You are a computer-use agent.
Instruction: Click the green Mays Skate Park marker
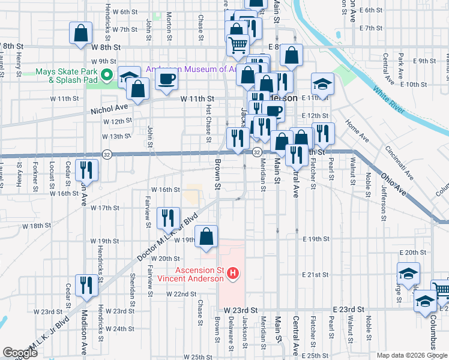[x=107, y=76]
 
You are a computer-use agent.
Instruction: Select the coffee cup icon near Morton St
[x=166, y=78]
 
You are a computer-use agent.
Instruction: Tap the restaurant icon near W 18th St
[x=167, y=217]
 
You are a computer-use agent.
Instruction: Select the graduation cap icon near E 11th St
[x=322, y=84]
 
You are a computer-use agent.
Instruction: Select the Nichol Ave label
[x=110, y=110]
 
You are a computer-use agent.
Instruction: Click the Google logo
[x=20, y=353]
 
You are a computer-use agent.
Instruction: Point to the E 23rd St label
[x=349, y=308]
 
